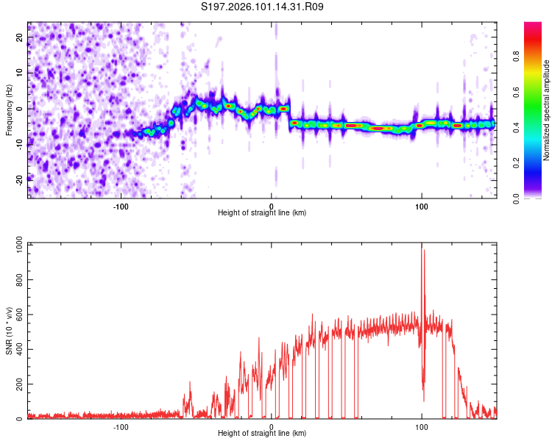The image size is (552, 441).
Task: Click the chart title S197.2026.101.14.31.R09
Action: point(263,7)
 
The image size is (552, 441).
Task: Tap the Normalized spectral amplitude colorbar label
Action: point(546,110)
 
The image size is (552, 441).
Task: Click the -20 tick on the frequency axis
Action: point(18,179)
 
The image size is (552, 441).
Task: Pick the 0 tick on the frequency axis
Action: point(18,108)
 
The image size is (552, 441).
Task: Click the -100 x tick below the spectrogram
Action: point(121,206)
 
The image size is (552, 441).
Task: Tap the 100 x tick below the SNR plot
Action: point(422,426)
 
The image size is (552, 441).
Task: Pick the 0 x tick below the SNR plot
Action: point(272,426)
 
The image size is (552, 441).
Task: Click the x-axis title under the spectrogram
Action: point(262,213)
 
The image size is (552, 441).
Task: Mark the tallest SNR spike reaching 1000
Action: point(422,245)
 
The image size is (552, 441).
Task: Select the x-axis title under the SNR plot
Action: point(262,434)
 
